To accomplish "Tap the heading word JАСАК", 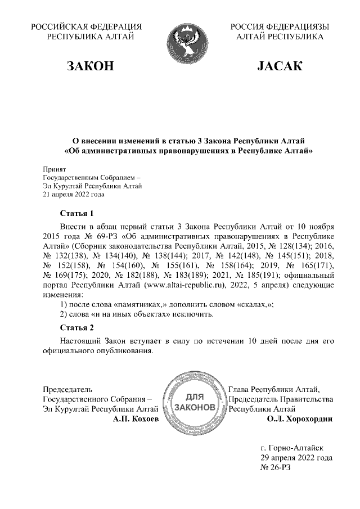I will [x=280, y=67].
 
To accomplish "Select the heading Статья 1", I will [x=76, y=213].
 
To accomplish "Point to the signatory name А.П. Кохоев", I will [x=136, y=419].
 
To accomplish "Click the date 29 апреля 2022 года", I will [x=292, y=458].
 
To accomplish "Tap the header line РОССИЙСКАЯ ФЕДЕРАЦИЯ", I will [x=85, y=26].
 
